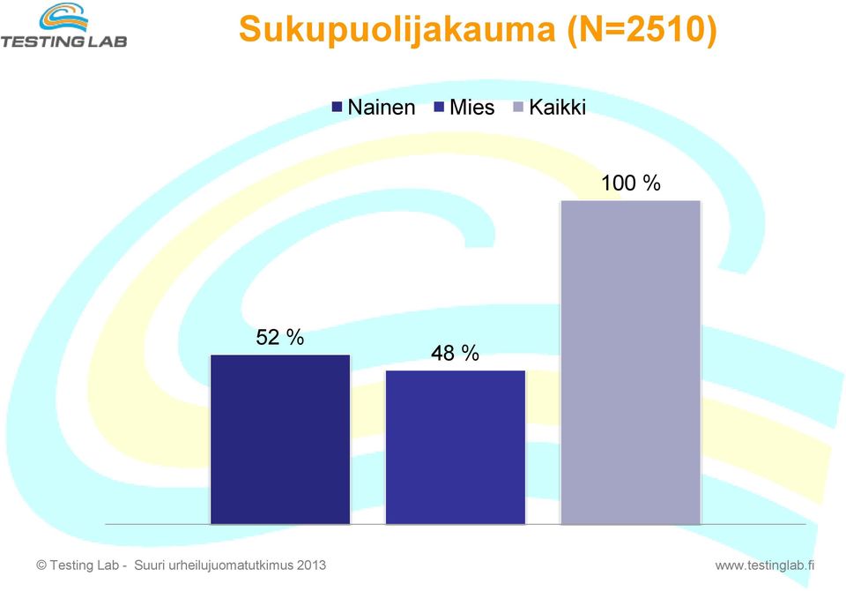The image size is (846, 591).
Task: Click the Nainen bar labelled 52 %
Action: point(280,439)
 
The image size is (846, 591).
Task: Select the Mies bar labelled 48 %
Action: point(456,447)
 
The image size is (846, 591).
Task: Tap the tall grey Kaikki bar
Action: point(631,363)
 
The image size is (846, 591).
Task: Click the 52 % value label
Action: point(280,337)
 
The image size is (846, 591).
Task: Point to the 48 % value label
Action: point(455,353)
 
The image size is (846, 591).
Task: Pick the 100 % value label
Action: point(631,183)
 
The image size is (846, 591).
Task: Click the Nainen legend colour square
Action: point(338,107)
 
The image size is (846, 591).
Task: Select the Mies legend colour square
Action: point(439,107)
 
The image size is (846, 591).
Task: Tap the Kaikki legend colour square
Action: point(518,107)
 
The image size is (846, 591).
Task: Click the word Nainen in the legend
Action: point(382,107)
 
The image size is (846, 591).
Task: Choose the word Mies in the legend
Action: point(472,107)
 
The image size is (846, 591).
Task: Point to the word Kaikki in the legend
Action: point(557,107)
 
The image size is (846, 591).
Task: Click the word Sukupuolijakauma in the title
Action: point(397,29)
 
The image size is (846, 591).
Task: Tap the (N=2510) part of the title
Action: point(642,29)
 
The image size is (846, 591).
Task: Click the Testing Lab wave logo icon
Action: point(63,18)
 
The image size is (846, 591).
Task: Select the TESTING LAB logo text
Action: point(63,41)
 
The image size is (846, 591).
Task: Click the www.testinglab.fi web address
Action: point(765,565)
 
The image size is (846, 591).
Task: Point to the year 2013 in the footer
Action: point(311,565)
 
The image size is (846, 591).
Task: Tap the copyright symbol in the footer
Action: point(41,565)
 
